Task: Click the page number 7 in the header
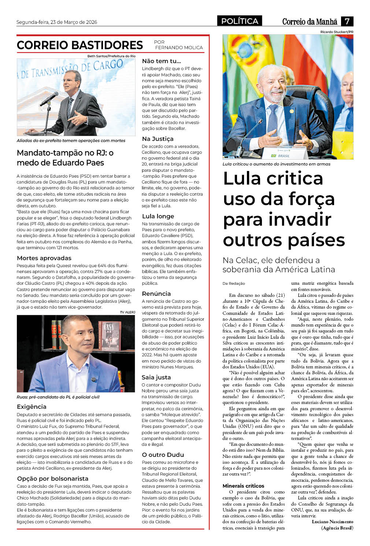[x=347, y=21]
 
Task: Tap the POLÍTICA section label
[x=240, y=21]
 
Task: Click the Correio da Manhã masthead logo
[x=309, y=22]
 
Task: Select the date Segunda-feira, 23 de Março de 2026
[x=57, y=22]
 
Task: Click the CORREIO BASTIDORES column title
[x=80, y=45]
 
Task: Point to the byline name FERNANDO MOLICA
[x=179, y=48]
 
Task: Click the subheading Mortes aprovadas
[x=44, y=258]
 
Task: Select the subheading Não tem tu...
[x=161, y=61]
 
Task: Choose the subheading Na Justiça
[x=158, y=139]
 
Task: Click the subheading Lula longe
[x=158, y=216]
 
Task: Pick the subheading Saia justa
[x=156, y=377]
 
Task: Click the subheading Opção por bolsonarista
[x=52, y=478]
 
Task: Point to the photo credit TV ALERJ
[x=127, y=312]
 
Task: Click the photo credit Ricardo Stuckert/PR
[x=337, y=32]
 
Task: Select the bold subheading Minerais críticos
[x=243, y=485]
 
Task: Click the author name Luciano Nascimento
[x=332, y=521]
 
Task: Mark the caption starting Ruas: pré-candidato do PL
[x=58, y=397]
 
